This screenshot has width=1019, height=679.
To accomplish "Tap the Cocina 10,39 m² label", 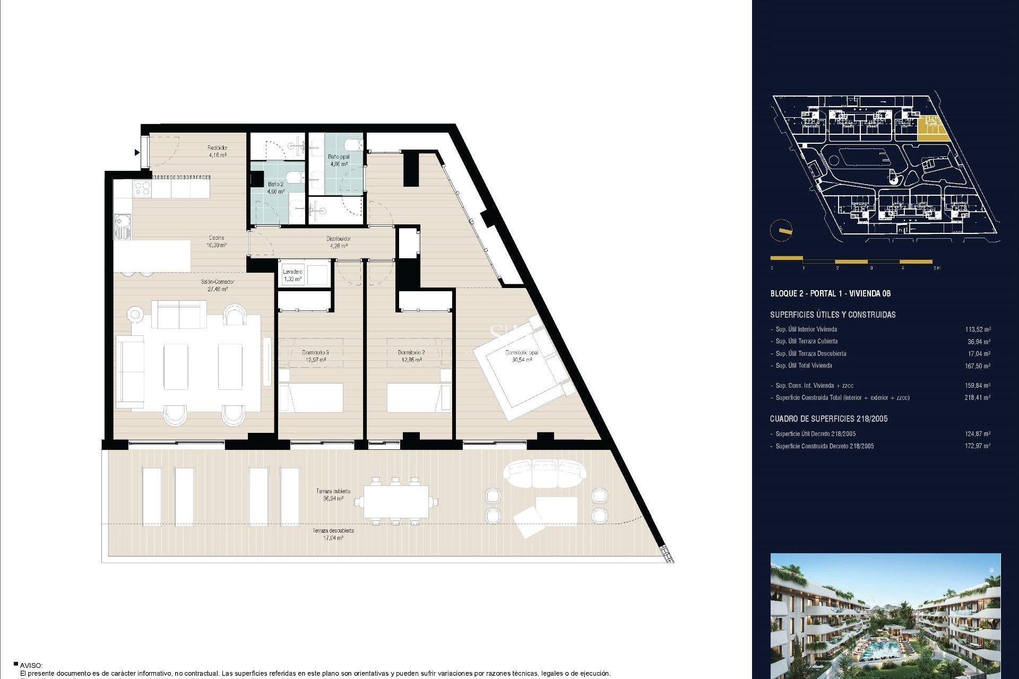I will (x=216, y=241).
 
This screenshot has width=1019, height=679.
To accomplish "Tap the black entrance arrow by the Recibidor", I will (x=137, y=153).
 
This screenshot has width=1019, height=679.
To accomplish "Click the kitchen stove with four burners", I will (x=142, y=187).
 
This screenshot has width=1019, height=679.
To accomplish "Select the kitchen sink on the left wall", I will (x=122, y=226).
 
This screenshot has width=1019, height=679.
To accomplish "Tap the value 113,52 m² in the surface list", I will (x=978, y=329).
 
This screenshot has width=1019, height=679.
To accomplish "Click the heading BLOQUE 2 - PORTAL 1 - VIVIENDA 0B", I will (x=830, y=293).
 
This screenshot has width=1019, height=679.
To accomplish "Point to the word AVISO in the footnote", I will (x=31, y=665).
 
